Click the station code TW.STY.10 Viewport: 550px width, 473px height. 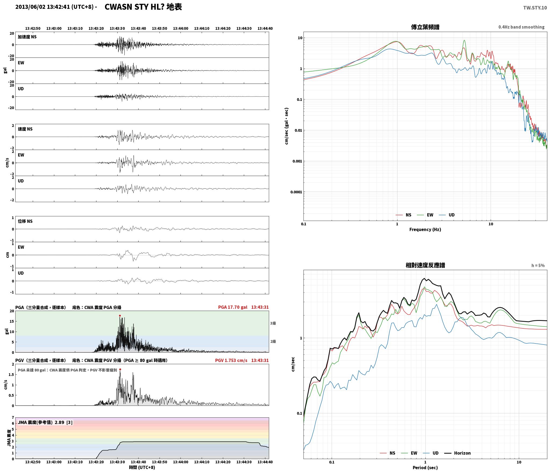pyautogui.click(x=535, y=8)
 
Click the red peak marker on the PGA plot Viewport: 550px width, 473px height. pyautogui.click(x=120, y=316)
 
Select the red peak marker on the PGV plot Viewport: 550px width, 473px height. pyautogui.click(x=120, y=369)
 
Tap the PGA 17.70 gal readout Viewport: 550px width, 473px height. pyautogui.click(x=233, y=307)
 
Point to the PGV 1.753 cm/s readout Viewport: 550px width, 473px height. pyautogui.click(x=231, y=360)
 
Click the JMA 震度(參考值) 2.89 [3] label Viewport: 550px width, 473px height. pyautogui.click(x=45, y=422)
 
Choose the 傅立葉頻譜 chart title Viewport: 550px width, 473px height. pyautogui.click(x=425, y=27)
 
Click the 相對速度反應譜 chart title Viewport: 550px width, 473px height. pyautogui.click(x=425, y=265)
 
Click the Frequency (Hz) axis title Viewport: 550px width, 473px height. pyautogui.click(x=425, y=230)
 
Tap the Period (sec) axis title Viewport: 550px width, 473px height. pyautogui.click(x=425, y=468)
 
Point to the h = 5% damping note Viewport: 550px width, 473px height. pyautogui.click(x=538, y=266)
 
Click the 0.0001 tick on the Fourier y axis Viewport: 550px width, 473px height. pyautogui.click(x=296, y=192)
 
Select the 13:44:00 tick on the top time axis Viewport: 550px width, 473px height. pyautogui.click(x=180, y=28)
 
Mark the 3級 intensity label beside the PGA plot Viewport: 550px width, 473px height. pyautogui.click(x=273, y=323)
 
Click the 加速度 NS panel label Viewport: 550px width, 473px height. pyautogui.click(x=27, y=37)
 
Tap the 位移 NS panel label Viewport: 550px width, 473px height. pyautogui.click(x=25, y=221)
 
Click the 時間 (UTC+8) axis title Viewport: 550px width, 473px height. pyautogui.click(x=142, y=467)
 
